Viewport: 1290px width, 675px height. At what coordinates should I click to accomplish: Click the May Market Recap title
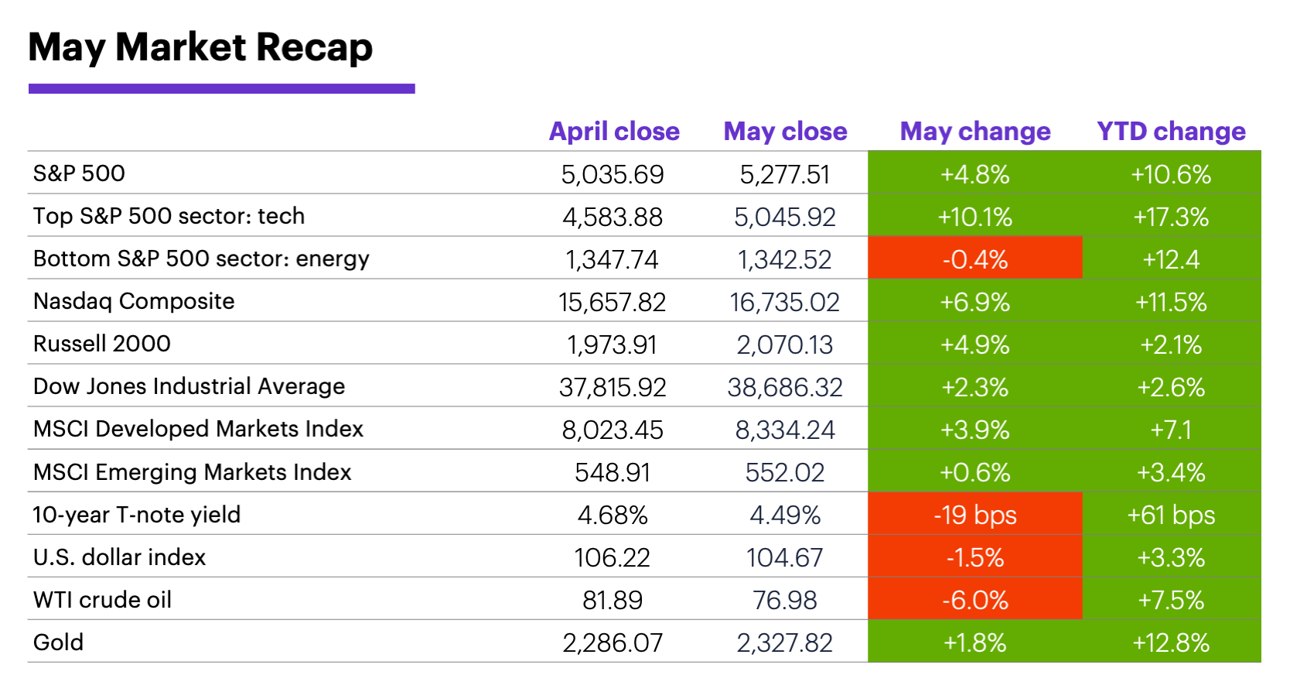click(200, 48)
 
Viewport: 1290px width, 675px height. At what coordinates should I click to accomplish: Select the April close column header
click(614, 132)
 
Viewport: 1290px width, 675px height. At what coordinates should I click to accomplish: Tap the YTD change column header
click(1171, 132)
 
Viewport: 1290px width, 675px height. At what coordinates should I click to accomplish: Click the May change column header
click(974, 132)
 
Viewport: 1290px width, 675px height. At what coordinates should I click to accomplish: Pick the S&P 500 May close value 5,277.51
click(784, 174)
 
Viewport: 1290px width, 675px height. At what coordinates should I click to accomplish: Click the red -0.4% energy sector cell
click(974, 259)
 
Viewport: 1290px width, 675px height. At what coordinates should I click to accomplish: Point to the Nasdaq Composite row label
click(134, 301)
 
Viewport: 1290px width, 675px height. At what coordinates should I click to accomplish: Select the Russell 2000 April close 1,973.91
click(612, 344)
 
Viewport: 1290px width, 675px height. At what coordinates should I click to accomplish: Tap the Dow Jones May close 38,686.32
click(784, 387)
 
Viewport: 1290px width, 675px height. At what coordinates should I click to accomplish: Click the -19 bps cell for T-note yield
click(974, 515)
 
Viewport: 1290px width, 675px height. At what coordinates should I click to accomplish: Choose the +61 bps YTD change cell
click(1171, 515)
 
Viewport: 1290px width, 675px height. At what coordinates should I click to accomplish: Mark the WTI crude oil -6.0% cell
click(974, 600)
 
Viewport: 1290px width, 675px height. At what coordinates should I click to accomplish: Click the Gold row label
click(59, 642)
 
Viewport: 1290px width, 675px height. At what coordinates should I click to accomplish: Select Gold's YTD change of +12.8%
click(1171, 642)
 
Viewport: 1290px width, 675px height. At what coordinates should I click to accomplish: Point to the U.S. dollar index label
click(119, 557)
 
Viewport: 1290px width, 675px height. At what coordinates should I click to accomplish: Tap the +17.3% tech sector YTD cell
click(1171, 217)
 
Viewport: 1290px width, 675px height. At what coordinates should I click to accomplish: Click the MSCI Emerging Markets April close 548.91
click(612, 472)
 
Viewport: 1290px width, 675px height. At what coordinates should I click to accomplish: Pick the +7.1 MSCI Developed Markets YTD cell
click(1171, 430)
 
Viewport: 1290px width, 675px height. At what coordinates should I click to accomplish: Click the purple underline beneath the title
click(221, 89)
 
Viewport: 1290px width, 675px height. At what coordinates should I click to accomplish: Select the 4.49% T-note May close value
click(784, 515)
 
